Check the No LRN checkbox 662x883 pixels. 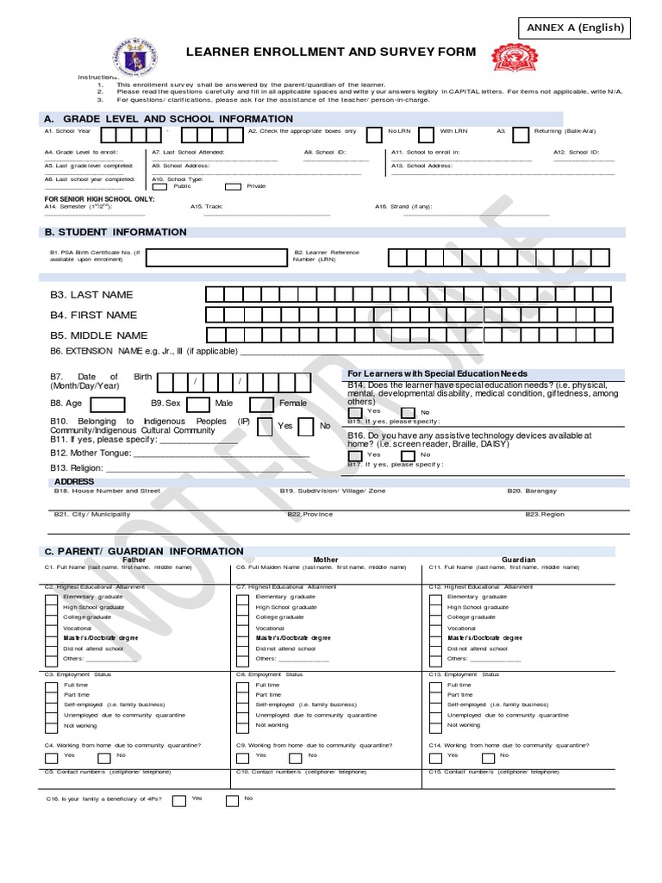pos(374,135)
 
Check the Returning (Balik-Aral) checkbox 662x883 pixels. pos(521,135)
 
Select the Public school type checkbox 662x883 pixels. pos(159,186)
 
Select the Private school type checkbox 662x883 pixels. pos(233,186)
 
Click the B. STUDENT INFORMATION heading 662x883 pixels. pos(116,232)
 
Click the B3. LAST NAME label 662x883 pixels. pos(91,295)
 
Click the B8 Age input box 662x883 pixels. pos(107,404)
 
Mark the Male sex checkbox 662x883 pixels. pos(198,404)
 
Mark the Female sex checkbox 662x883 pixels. pos(262,404)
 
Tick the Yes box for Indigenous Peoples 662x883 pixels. pos(265,426)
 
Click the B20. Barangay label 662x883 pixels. pos(532,491)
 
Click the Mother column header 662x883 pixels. pos(326,560)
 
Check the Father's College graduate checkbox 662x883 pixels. pos(52,617)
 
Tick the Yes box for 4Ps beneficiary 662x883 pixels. pos(178,800)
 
